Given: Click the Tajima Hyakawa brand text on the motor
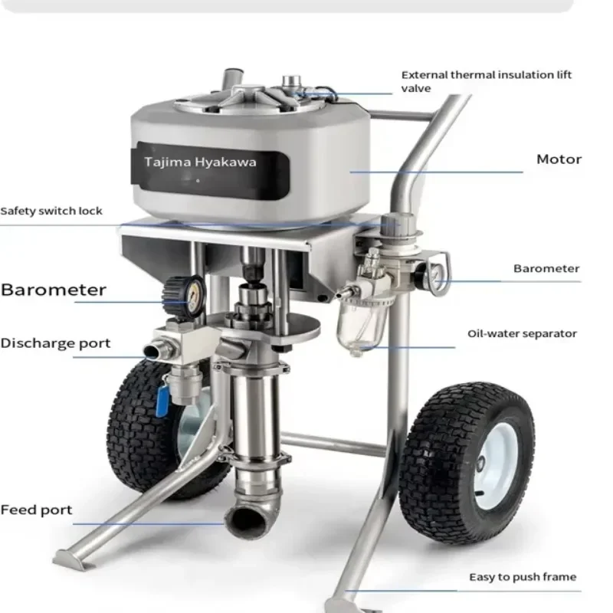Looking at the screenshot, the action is tap(200, 162).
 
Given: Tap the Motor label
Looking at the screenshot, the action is tap(559, 159).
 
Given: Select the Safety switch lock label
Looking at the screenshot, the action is tap(51, 211).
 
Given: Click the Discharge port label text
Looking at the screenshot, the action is tap(55, 343).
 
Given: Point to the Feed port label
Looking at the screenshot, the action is tap(36, 510).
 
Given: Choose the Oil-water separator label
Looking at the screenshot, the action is tap(522, 333).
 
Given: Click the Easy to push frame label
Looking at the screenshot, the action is tap(523, 577).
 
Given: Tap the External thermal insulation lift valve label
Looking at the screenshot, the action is tap(487, 81).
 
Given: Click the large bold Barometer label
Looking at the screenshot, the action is tap(53, 290).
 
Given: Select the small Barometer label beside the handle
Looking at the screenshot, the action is tap(546, 269).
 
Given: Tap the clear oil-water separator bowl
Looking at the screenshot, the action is tap(362, 326).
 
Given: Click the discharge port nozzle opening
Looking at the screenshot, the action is tap(152, 351).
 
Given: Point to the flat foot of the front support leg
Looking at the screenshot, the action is tap(70, 560).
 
